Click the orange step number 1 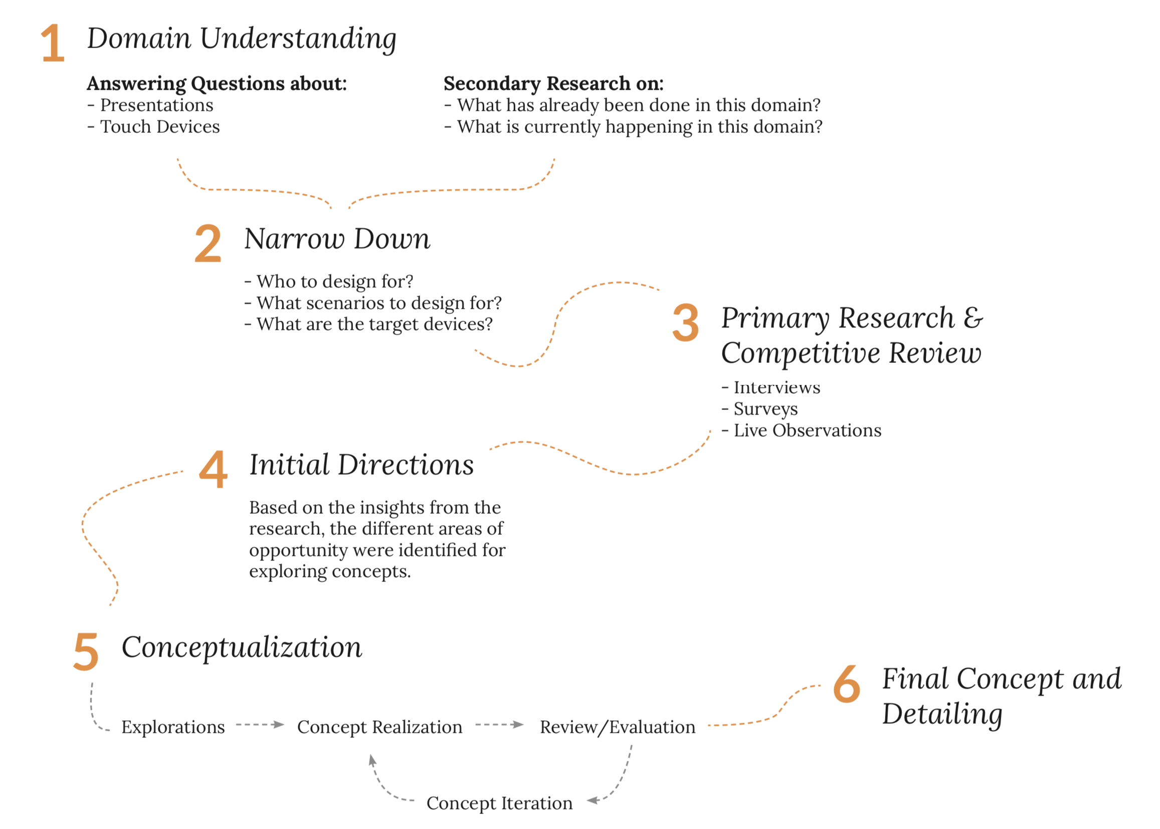(53, 44)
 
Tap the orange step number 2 (209, 244)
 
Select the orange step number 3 (685, 323)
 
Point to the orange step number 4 (214, 469)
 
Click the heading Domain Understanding (242, 39)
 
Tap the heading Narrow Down (337, 239)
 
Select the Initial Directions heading (361, 465)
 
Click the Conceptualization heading (242, 647)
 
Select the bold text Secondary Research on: (553, 83)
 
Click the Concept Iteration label (499, 803)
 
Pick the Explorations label (172, 727)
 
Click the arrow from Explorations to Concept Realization (260, 725)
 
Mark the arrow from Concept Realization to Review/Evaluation (499, 725)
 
